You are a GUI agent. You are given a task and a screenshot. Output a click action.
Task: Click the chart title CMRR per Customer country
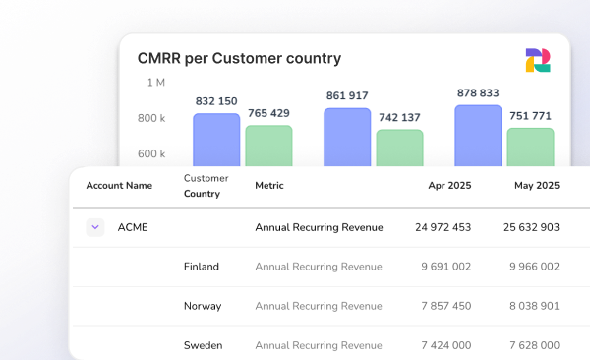point(239,58)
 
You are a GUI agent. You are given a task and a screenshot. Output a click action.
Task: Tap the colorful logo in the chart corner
point(538,60)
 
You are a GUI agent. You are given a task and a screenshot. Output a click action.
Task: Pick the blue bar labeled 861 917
point(347,137)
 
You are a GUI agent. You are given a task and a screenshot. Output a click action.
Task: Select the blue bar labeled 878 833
point(478,136)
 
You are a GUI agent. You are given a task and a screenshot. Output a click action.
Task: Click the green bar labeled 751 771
point(530,147)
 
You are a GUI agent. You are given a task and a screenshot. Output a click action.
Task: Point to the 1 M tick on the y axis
point(155,83)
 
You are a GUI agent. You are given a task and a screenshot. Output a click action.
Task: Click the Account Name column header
point(119,185)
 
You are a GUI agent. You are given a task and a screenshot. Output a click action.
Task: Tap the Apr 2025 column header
point(449,185)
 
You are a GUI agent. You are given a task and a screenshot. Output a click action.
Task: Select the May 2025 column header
point(536,185)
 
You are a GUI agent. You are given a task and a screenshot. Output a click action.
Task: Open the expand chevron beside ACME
point(95,227)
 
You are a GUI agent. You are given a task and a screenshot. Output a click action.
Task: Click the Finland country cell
point(202,267)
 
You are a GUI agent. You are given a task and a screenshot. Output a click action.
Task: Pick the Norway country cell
point(203,306)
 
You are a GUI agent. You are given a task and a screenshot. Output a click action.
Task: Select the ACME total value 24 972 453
point(442,227)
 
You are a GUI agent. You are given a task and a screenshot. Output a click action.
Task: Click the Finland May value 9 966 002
point(534,267)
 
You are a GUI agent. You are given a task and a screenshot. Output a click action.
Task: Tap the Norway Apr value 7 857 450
point(446,306)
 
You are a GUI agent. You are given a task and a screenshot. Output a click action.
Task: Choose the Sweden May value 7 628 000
point(534,345)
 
